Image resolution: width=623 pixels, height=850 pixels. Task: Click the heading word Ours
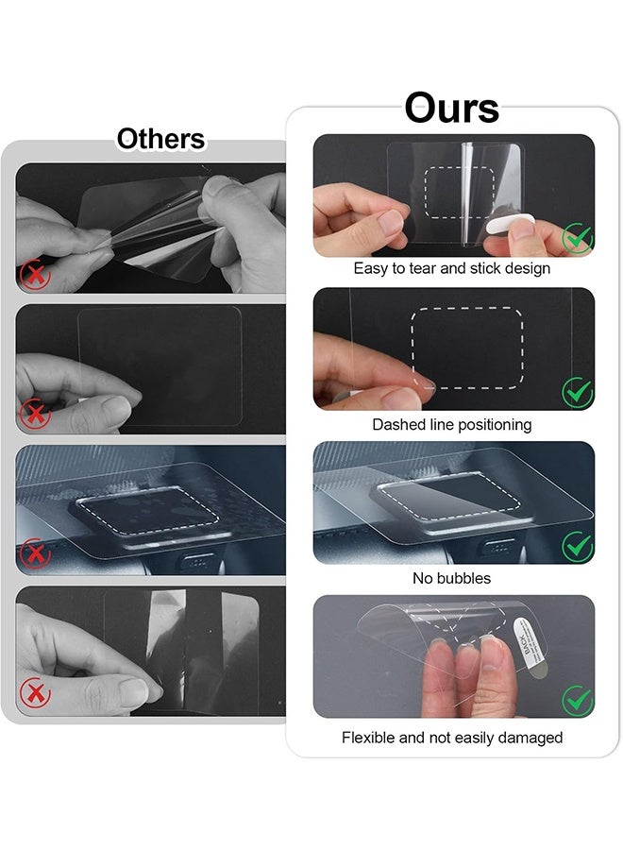[451, 108]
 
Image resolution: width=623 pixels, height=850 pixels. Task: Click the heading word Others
[160, 139]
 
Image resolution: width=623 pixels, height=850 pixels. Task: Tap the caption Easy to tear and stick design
[451, 268]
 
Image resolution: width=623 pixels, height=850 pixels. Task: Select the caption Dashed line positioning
[451, 424]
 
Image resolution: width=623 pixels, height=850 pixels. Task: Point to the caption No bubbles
[451, 578]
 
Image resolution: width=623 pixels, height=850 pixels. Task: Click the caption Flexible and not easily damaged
[451, 737]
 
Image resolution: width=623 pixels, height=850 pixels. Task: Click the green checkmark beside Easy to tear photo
[577, 238]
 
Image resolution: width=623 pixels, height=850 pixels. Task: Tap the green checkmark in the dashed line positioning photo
[577, 392]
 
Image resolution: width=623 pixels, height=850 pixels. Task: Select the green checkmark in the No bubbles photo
[577, 546]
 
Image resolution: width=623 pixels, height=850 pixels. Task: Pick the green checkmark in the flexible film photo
[577, 700]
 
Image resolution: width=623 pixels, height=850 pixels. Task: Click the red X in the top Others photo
[35, 275]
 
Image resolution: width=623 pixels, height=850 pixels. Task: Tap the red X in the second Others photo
[35, 413]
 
